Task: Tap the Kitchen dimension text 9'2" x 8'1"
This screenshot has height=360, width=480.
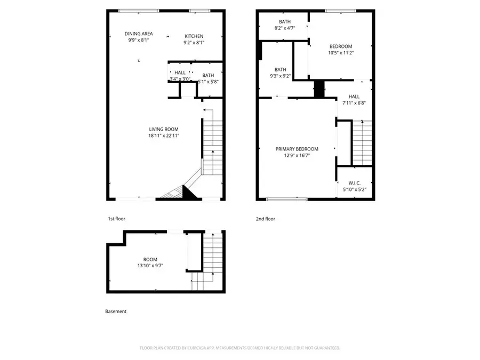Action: [x=194, y=43]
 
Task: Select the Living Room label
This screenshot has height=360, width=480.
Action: [x=163, y=129]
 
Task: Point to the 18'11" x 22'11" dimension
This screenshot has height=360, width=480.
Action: [x=163, y=136]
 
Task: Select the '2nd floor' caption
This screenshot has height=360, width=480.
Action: [x=266, y=219]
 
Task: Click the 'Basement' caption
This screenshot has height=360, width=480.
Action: [x=116, y=311]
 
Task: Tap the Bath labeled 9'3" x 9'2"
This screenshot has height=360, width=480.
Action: [x=281, y=73]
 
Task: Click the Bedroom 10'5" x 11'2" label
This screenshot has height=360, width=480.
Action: [x=341, y=50]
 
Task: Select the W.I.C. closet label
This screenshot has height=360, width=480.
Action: [x=355, y=186]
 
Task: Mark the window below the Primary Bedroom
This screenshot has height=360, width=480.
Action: [x=286, y=199]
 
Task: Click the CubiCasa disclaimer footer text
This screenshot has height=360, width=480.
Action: [x=239, y=348]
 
